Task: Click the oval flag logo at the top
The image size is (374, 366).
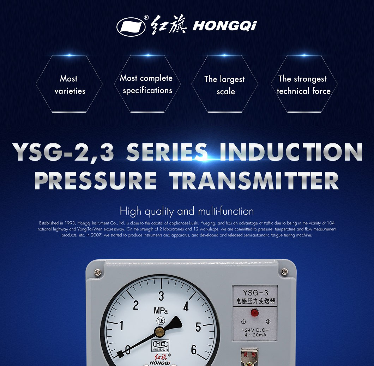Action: click(131, 26)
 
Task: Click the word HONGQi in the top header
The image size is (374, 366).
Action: click(225, 26)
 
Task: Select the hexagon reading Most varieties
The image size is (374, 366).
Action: click(69, 84)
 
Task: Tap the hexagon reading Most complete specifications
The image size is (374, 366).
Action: click(147, 84)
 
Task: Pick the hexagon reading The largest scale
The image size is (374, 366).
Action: click(225, 85)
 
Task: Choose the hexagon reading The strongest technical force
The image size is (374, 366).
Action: click(303, 85)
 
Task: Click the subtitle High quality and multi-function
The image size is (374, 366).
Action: click(187, 211)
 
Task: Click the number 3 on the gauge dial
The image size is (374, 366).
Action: click(161, 296)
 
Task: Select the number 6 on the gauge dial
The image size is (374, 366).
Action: click(194, 349)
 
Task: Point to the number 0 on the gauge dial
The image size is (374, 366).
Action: click(127, 349)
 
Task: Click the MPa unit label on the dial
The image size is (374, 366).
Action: click(161, 311)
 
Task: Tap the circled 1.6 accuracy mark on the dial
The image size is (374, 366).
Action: click(161, 320)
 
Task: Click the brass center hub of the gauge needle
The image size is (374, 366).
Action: click(160, 331)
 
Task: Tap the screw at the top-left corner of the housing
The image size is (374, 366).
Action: click(98, 272)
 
